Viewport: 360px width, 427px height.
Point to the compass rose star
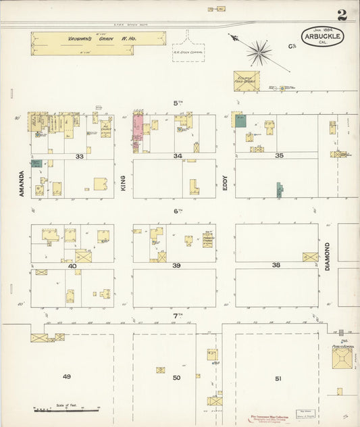(258, 51)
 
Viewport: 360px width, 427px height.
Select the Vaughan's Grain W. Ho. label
(98, 39)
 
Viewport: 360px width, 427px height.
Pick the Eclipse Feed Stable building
(247, 80)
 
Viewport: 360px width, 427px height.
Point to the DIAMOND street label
(328, 256)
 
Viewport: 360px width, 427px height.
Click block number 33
(80, 156)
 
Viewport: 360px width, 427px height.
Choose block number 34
(178, 156)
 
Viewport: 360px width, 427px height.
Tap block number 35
(279, 155)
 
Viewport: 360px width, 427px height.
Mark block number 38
(276, 266)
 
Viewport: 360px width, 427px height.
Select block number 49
(66, 376)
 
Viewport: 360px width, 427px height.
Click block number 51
(278, 378)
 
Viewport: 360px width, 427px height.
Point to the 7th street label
(178, 316)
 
